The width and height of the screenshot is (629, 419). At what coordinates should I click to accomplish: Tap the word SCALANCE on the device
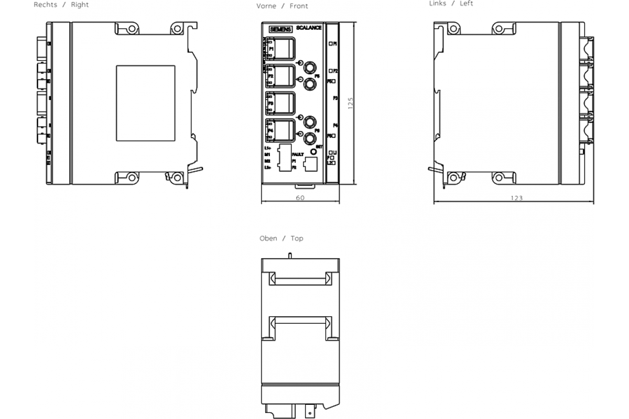coord(309,28)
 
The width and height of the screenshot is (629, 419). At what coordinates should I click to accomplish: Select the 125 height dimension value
coord(351,102)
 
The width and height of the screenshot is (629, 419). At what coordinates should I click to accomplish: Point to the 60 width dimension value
coord(300,198)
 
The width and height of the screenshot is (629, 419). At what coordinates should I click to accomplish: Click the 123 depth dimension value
coord(517,198)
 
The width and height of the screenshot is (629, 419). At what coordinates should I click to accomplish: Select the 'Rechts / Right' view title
coord(61,5)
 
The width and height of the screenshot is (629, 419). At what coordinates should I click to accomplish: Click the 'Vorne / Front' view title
coord(289,6)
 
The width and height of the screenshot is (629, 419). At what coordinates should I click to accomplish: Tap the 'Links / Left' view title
coord(451,4)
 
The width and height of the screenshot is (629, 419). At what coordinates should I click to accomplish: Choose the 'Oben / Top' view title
coord(281,238)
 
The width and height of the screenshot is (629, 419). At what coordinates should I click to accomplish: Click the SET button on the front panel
coord(314,152)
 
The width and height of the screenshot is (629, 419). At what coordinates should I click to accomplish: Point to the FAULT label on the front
coord(298,155)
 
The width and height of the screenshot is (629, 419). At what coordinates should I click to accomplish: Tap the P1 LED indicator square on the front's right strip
coord(331,44)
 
